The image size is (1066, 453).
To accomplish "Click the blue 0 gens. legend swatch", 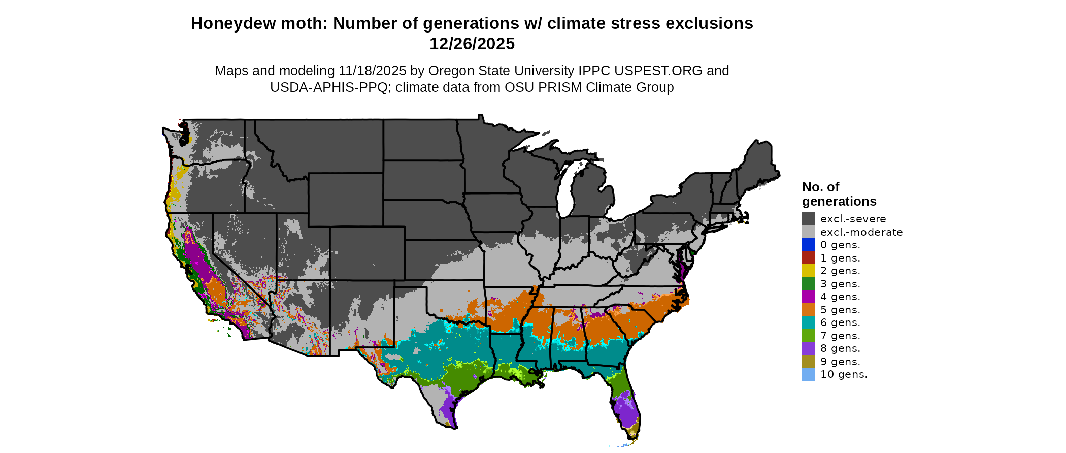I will coord(808,245).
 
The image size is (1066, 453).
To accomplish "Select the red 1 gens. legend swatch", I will coord(808,258).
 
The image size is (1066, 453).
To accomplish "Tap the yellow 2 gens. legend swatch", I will coord(808,271).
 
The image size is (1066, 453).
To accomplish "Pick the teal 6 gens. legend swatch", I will coord(808,322).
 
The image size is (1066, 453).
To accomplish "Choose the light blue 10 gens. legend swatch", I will coord(808,374).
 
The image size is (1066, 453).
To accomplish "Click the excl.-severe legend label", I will coord(853,219).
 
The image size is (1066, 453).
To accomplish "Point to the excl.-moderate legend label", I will coord(861,232).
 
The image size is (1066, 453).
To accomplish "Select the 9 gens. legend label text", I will coord(840,362).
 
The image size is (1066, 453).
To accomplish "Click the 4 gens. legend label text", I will coord(840,297).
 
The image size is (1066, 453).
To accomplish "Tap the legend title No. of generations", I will coord(839,194).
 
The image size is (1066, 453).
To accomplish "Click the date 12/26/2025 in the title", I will coord(472,44).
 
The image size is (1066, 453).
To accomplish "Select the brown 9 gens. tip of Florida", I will coord(633,433).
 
